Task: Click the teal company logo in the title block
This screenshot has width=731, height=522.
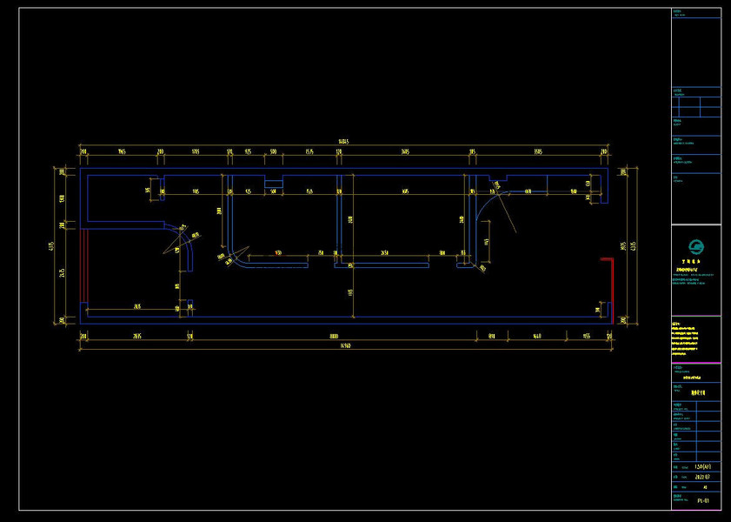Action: [695, 249]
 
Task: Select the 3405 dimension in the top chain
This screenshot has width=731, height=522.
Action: [405, 151]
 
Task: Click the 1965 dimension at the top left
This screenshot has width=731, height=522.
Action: [122, 151]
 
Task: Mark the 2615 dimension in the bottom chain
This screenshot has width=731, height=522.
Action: [137, 335]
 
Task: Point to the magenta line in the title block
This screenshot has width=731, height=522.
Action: [695, 316]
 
